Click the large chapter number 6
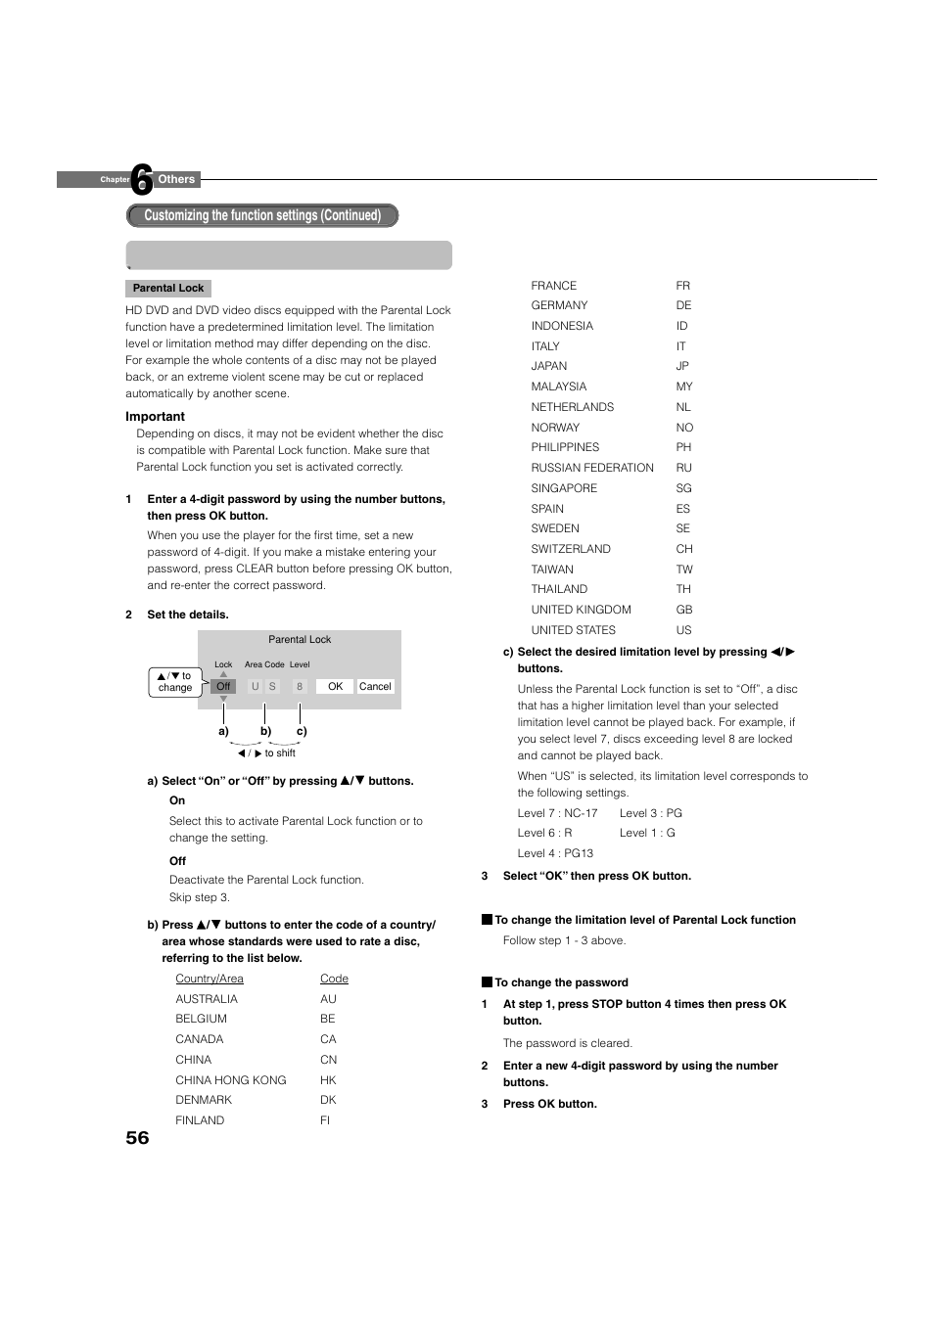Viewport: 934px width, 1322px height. coord(142,179)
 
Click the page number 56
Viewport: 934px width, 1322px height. coord(137,1137)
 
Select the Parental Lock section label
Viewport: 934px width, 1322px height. coord(168,289)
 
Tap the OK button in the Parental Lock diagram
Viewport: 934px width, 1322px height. coord(335,687)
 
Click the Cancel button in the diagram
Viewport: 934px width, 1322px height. coord(375,687)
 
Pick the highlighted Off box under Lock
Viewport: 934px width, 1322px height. coord(223,687)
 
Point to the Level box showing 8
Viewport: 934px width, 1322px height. coord(300,687)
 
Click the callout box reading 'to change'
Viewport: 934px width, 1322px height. coord(175,682)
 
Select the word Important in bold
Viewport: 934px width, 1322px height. coord(155,417)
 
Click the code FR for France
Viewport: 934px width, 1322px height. coord(682,286)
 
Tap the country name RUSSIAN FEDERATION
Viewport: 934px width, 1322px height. coord(592,468)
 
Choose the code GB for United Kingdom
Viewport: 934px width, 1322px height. coord(683,610)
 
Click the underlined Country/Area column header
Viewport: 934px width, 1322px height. coord(210,979)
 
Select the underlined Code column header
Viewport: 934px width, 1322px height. coord(334,979)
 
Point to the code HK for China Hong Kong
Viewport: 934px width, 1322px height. coord(328,1080)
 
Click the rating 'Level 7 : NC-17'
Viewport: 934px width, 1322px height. coord(557,813)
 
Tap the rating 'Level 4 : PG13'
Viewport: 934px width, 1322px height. coord(555,853)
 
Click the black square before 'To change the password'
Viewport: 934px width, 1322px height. coord(487,982)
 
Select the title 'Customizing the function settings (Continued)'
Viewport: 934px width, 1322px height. coord(262,215)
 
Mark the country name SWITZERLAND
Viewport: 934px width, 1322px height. coord(571,549)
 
